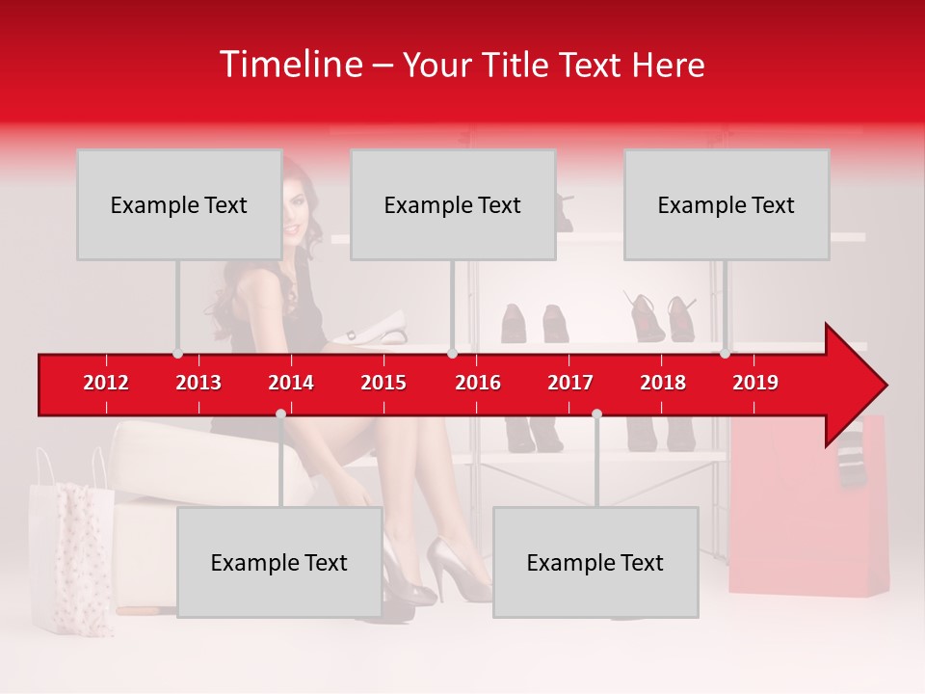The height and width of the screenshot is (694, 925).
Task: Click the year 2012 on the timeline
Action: [106, 383]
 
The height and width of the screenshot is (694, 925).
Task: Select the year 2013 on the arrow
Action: [198, 383]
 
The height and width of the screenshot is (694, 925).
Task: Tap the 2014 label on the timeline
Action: [291, 383]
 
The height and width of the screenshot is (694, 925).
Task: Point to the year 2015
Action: [383, 383]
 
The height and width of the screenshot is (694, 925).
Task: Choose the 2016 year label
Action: [478, 383]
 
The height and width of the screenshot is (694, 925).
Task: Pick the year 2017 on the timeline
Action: [570, 383]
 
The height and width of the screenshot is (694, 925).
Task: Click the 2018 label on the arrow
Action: [663, 383]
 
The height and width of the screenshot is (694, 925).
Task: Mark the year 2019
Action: [755, 383]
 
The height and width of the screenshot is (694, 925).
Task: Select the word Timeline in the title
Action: [289, 65]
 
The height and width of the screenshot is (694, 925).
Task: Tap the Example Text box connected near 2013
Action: [179, 204]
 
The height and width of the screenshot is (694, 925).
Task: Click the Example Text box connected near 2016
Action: [453, 204]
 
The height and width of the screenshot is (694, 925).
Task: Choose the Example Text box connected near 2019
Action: [727, 204]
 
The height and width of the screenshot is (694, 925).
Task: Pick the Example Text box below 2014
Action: [279, 562]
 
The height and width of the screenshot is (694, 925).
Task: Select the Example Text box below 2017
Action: [595, 562]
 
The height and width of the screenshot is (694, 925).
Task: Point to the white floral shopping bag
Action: [71, 559]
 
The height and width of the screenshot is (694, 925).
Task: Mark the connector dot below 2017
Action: [596, 414]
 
